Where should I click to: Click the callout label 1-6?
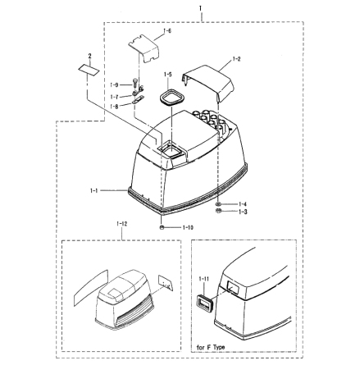tap(167, 31)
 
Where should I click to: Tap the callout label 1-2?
tap(236, 59)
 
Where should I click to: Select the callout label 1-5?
tap(168, 75)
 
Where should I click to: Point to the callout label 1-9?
tap(114, 85)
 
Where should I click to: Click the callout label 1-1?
tap(93, 190)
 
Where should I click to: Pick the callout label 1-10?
tap(188, 227)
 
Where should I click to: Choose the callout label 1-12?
tap(121, 224)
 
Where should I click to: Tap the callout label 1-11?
tap(204, 279)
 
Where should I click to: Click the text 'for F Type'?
tap(211, 348)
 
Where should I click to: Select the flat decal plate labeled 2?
tap(89, 70)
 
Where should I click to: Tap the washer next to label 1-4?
tap(219, 204)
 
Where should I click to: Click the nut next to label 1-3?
tap(218, 211)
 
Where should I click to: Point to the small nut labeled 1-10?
tap(162, 227)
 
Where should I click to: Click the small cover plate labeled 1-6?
tap(144, 48)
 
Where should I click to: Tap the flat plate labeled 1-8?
tap(138, 100)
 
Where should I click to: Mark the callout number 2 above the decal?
tap(89, 56)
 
